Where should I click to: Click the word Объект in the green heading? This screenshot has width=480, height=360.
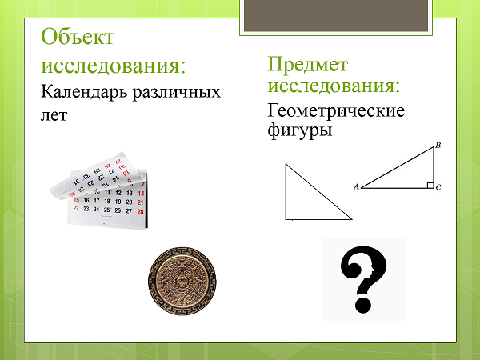point(78,38)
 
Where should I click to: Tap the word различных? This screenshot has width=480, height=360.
point(176,93)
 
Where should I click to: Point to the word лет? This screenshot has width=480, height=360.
point(54,116)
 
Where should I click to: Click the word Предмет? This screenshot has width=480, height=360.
point(308,65)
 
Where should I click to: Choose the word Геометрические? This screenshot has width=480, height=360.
point(336,110)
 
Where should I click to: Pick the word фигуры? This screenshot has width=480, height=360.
point(300,130)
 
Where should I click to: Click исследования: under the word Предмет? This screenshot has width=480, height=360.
point(334,85)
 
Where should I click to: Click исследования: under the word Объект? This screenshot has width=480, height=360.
point(114,66)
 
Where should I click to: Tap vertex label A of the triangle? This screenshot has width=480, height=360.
point(356,186)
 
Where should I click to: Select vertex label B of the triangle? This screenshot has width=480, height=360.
point(438,145)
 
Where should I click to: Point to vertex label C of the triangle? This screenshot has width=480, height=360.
point(438,187)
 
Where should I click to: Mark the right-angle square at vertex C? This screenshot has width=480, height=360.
point(430,185)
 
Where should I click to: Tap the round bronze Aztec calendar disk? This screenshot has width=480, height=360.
point(182,282)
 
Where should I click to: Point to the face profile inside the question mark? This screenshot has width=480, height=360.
point(371,270)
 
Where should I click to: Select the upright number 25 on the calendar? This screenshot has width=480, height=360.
point(106,210)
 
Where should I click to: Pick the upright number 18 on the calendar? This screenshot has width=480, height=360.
point(107,201)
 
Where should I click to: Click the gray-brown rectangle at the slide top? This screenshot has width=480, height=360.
point(336,15)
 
